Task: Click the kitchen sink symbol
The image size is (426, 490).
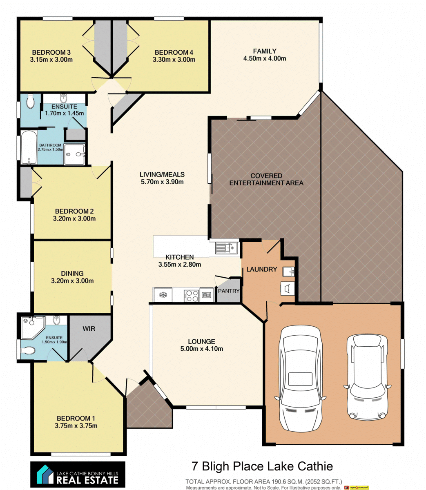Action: tap(226, 247)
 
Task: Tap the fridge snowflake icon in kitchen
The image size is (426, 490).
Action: tap(163, 294)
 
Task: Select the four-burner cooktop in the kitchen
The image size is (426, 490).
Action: tap(191, 296)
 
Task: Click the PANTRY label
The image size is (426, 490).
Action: tap(228, 291)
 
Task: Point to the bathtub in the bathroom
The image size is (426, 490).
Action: tap(28, 147)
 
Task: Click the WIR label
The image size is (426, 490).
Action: tap(89, 329)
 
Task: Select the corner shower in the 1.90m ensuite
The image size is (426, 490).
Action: tap(32, 327)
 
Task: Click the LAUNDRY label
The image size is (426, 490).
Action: tap(261, 269)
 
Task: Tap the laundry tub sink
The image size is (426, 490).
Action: tap(288, 272)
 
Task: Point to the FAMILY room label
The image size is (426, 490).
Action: tap(265, 51)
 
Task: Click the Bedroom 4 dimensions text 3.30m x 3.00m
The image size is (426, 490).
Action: tap(174, 59)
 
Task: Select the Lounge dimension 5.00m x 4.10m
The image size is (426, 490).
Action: tap(202, 348)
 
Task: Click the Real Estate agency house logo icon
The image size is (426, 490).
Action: tap(45, 474)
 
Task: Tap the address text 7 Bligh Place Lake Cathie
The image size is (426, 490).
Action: tap(262, 466)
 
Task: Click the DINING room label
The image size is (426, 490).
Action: tap(72, 274)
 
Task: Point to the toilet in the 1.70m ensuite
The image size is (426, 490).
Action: tap(30, 101)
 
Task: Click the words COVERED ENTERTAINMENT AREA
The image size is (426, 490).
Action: tap(266, 179)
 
